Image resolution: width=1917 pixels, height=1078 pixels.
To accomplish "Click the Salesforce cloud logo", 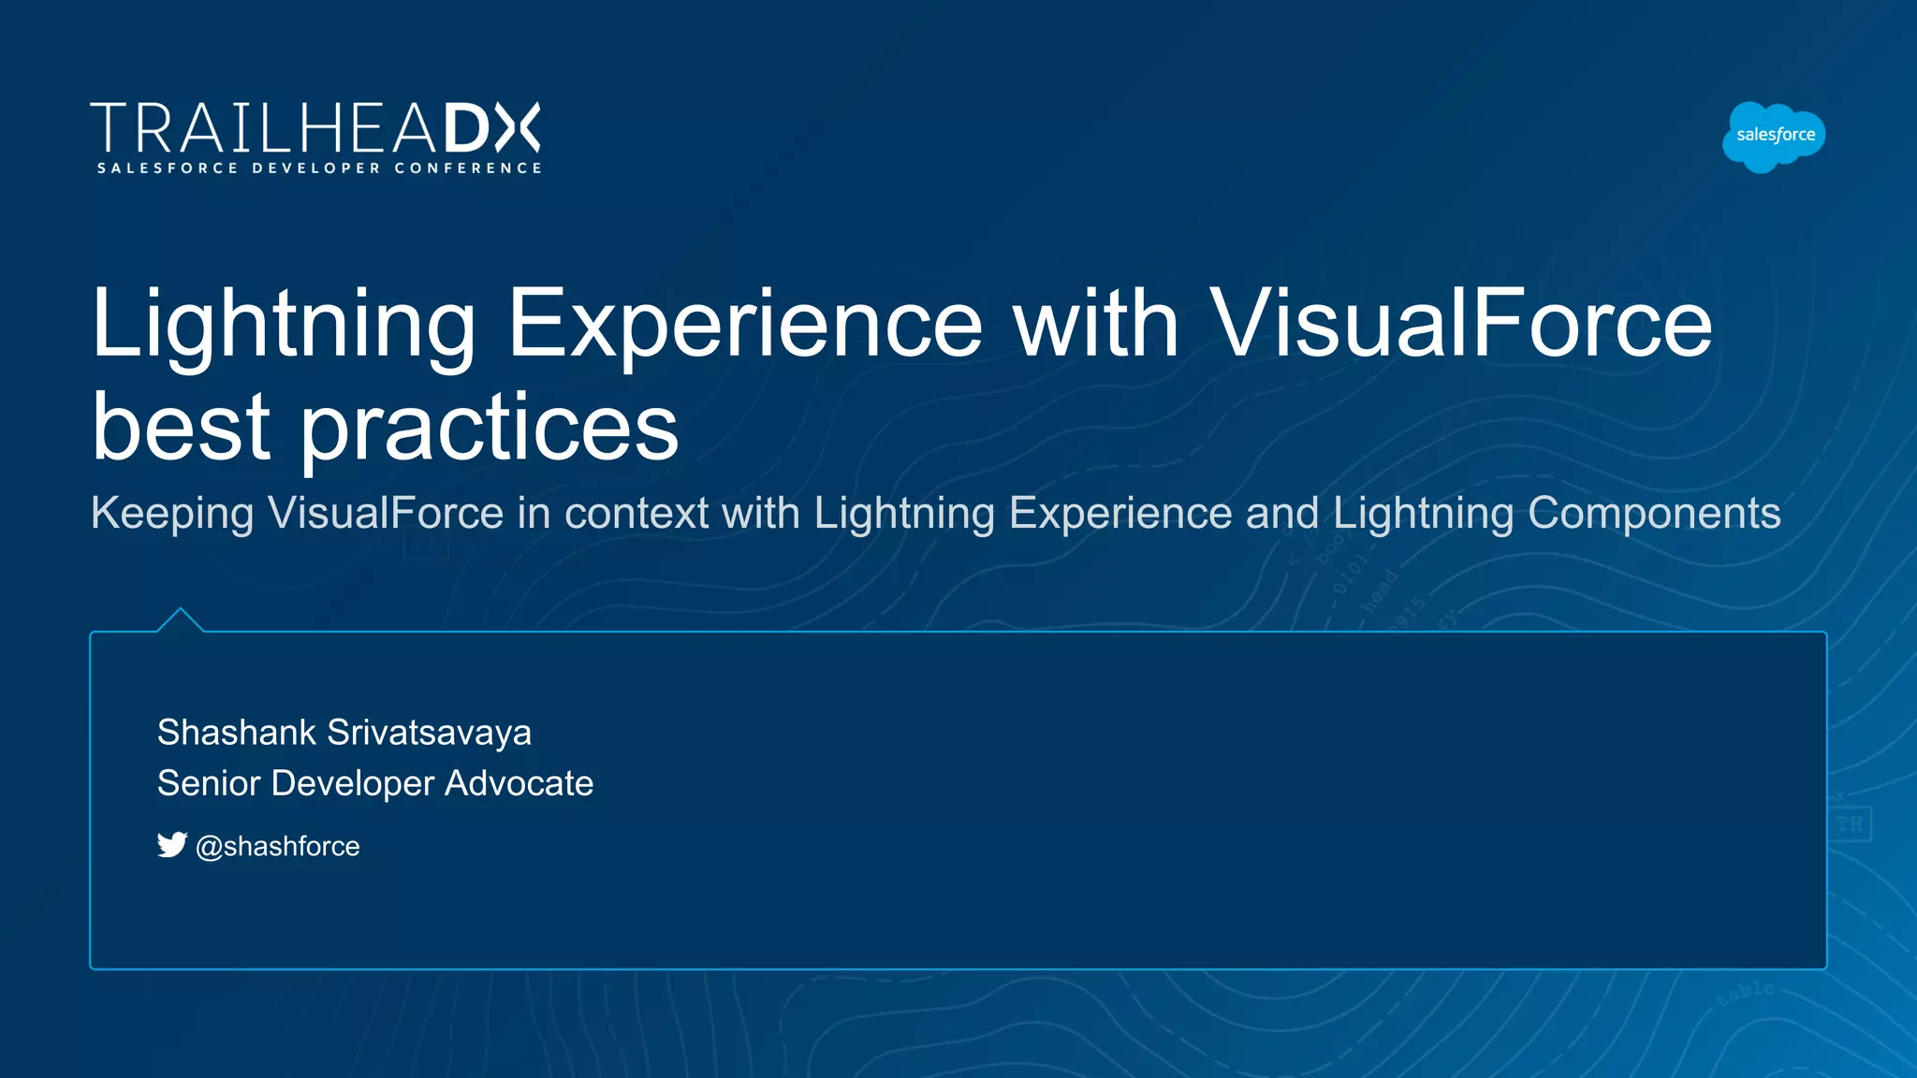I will [x=1774, y=137].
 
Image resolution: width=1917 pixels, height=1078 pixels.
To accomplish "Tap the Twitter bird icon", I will [x=172, y=845].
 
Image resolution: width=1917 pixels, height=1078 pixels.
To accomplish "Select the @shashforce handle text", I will [x=277, y=847].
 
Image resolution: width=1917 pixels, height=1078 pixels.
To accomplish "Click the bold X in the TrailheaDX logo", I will [x=518, y=127].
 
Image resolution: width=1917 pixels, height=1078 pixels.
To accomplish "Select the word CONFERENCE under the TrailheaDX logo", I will [x=467, y=168].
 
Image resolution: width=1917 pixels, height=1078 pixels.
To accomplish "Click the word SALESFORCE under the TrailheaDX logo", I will [x=168, y=168].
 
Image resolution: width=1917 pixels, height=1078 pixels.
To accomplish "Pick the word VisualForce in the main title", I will [x=1460, y=323].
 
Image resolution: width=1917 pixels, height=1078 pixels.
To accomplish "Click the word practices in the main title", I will [x=489, y=429].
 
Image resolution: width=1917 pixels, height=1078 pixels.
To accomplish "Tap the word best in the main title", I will [x=182, y=427].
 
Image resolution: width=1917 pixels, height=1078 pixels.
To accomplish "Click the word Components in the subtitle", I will [x=1654, y=513].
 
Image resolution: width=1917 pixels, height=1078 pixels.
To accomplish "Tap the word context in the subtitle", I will [x=637, y=513].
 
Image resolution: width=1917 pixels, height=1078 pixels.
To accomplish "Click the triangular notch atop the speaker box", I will [x=180, y=619].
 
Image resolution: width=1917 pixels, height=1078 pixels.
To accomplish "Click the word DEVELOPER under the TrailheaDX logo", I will [x=316, y=168].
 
